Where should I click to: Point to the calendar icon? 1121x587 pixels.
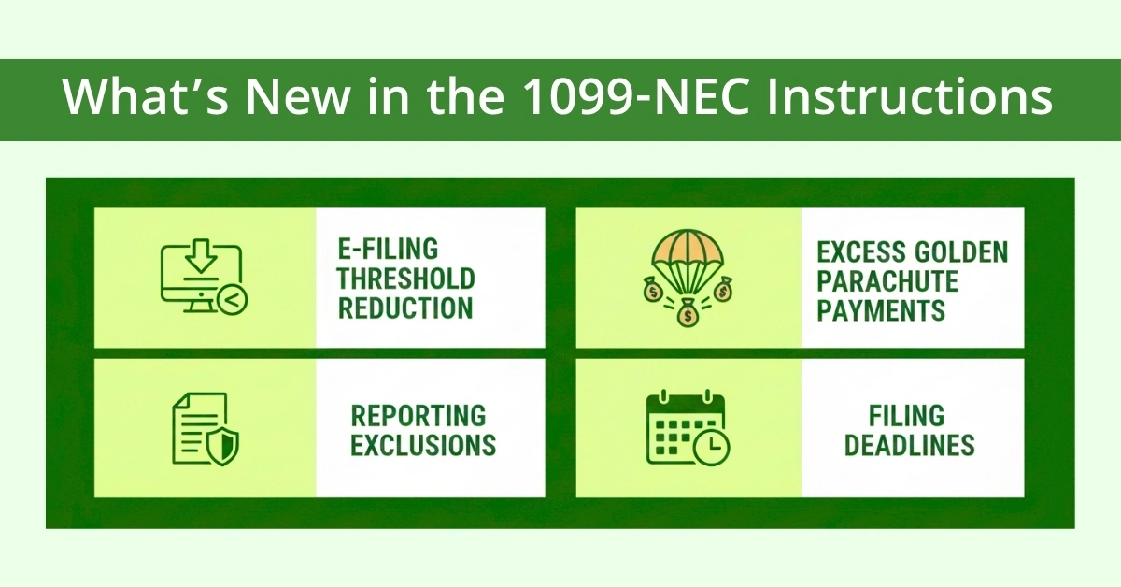pyautogui.click(x=687, y=428)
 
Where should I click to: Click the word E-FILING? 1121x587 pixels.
pyautogui.click(x=388, y=251)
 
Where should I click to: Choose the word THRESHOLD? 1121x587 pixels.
pyautogui.click(x=406, y=279)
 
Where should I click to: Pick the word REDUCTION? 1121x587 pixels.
pyautogui.click(x=404, y=308)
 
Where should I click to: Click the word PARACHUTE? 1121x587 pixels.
pyautogui.click(x=887, y=280)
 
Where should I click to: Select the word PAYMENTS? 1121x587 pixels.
pyautogui.click(x=881, y=309)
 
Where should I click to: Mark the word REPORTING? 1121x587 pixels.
pyautogui.click(x=419, y=415)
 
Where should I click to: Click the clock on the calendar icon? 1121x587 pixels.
pyautogui.click(x=714, y=448)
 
